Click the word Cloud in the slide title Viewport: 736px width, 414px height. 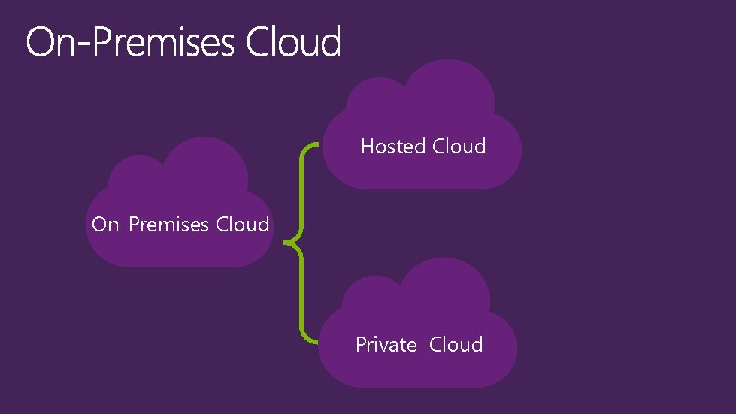(293, 42)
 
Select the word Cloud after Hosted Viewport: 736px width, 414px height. (459, 146)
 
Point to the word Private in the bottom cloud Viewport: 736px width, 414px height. (386, 345)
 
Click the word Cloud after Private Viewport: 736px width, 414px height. (456, 345)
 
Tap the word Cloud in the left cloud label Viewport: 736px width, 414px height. (243, 225)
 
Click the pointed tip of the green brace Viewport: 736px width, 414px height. (285, 242)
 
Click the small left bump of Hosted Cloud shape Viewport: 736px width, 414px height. (373, 104)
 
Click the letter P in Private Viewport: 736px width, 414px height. (362, 345)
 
